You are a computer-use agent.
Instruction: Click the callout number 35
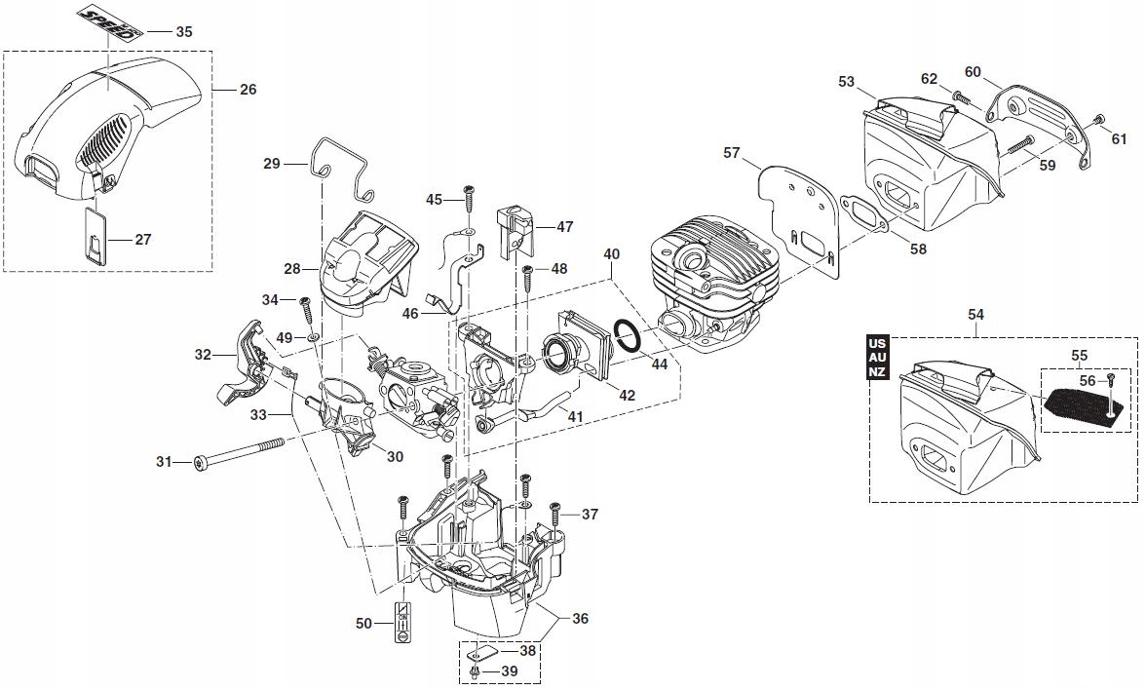184,31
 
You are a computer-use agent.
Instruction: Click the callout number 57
732,153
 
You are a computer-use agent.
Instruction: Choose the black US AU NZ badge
877,358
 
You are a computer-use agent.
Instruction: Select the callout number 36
580,619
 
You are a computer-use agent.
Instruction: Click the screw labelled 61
1098,120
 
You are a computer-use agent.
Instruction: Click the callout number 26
248,90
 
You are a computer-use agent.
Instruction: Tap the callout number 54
976,314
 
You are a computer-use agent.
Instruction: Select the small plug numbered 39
475,671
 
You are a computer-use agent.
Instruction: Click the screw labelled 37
554,512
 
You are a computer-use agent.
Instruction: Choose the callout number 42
628,396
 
